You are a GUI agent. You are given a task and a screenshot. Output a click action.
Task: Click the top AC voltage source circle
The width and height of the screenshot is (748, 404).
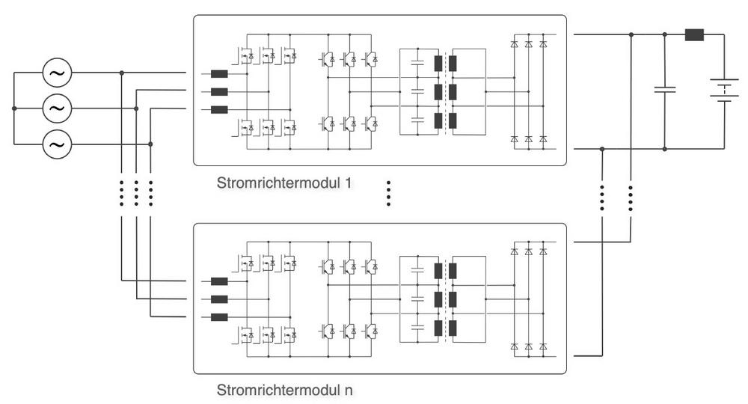56,73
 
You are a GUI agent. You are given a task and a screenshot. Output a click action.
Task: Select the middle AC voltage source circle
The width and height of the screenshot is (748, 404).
56,108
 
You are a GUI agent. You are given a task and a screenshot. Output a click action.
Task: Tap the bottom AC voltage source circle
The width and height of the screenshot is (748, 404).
56,143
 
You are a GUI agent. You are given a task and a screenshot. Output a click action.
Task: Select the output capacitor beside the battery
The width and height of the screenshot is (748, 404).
664,90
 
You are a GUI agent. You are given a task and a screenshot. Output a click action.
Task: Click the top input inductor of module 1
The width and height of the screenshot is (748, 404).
219,74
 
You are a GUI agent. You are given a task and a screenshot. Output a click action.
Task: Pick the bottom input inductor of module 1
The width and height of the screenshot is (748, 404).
219,110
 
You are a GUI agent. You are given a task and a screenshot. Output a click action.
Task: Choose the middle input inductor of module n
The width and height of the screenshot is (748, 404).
219,299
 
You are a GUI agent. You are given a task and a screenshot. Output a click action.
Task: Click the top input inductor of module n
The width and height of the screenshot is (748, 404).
219,282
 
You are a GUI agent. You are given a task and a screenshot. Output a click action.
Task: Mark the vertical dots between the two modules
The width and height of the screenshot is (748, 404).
388,193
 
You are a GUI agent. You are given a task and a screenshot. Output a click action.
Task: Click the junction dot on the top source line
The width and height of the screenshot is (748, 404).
122,73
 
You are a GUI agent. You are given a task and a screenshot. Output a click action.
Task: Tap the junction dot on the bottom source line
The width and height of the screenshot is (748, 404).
150,143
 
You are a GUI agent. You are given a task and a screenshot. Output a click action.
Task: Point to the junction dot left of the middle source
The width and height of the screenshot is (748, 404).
14,108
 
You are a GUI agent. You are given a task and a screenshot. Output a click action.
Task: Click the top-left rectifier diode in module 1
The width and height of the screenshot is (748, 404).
514,43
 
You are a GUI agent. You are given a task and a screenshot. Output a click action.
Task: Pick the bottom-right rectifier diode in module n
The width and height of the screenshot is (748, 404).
542,346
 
